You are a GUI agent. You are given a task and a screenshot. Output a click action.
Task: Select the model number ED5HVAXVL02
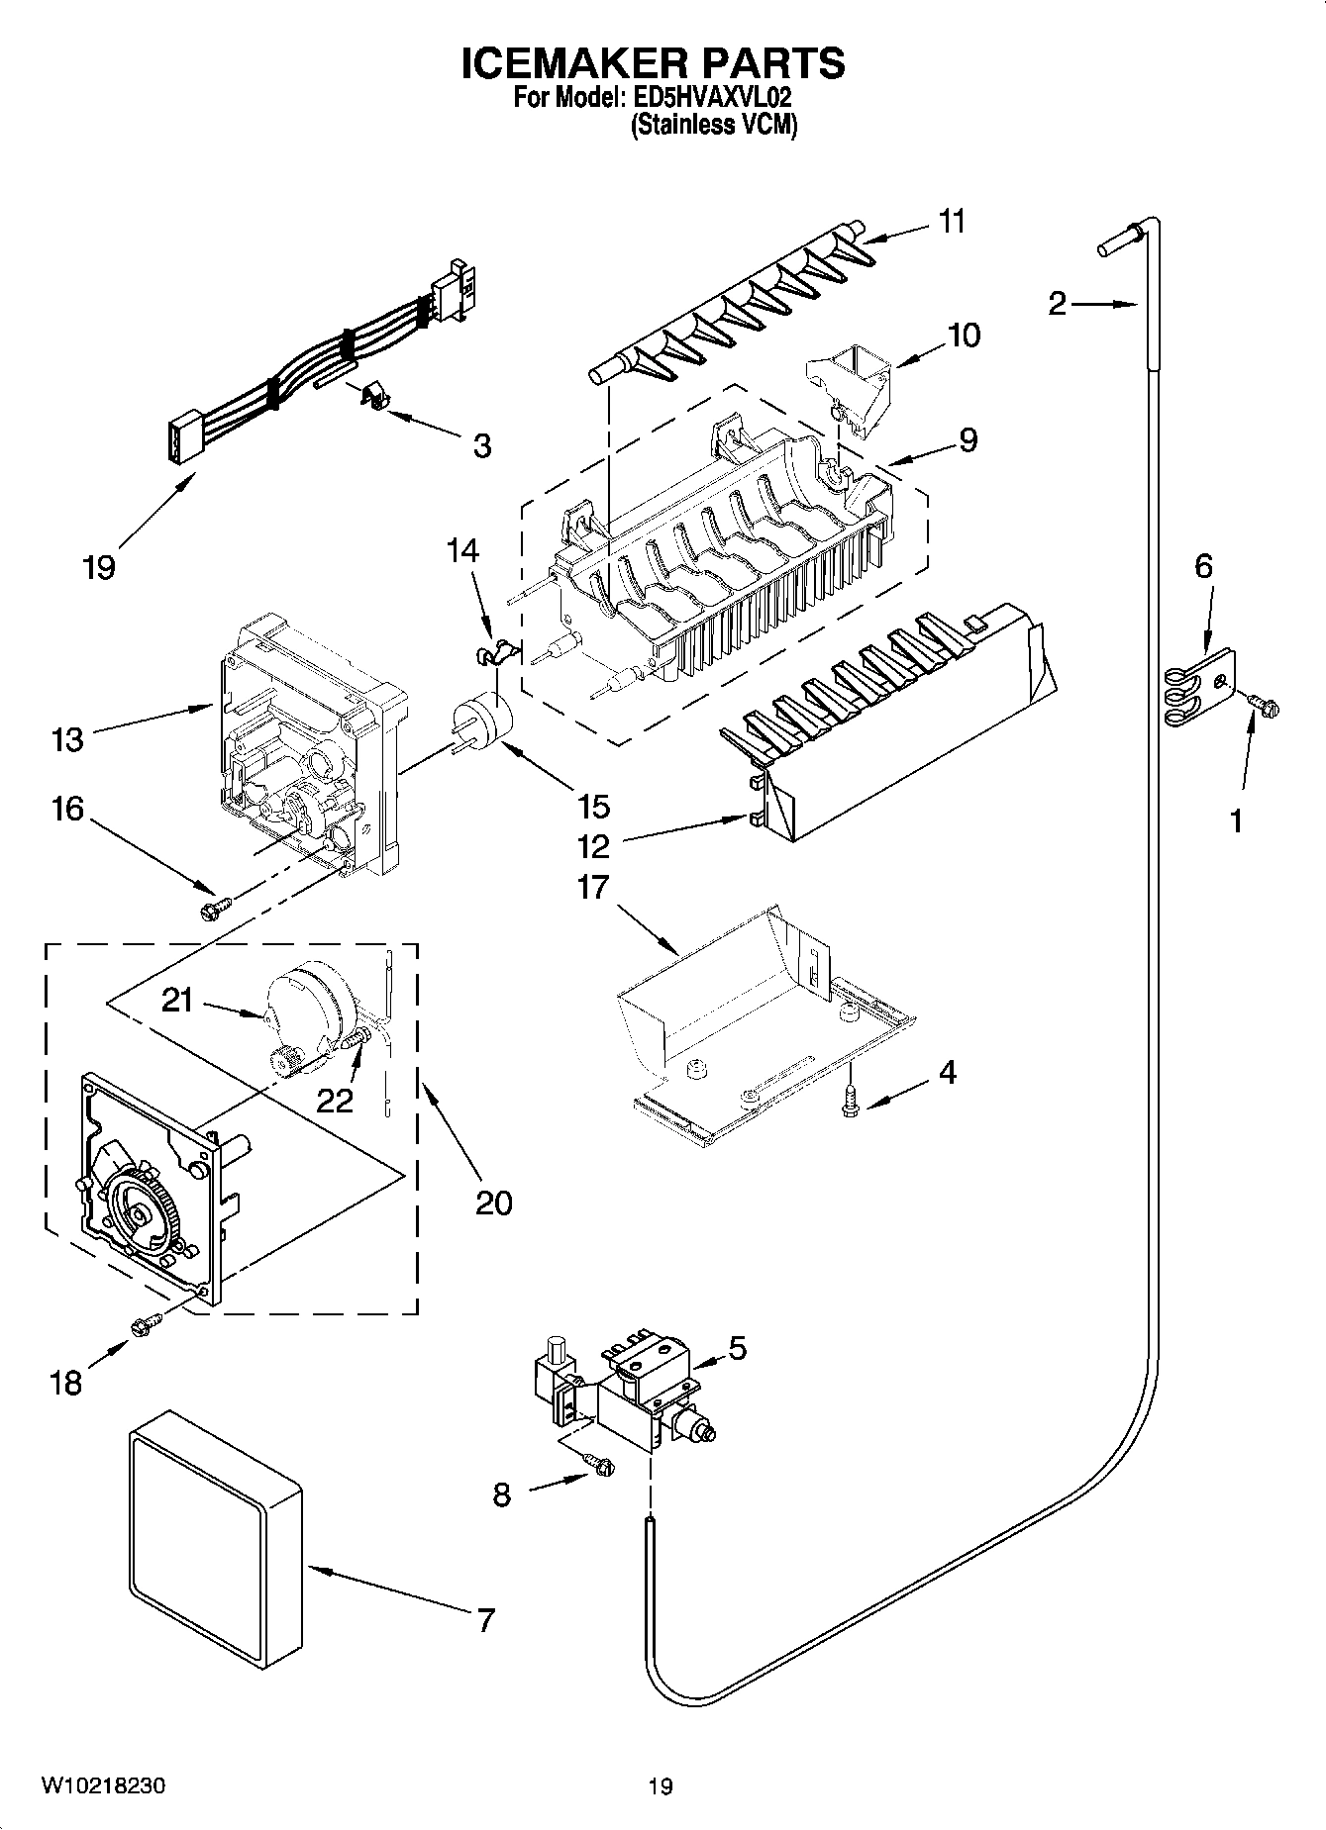point(710,97)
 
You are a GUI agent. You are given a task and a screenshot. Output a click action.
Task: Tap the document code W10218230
point(103,1786)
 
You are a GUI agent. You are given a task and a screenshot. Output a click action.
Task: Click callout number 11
point(952,222)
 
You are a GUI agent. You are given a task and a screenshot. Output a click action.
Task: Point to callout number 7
point(485,1619)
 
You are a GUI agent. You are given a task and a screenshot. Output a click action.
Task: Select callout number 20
point(494,1203)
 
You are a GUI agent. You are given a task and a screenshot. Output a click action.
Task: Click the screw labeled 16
point(215,904)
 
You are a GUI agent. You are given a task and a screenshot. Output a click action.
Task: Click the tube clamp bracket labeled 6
point(1200,683)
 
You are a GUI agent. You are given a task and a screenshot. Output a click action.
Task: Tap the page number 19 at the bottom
point(661,1786)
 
